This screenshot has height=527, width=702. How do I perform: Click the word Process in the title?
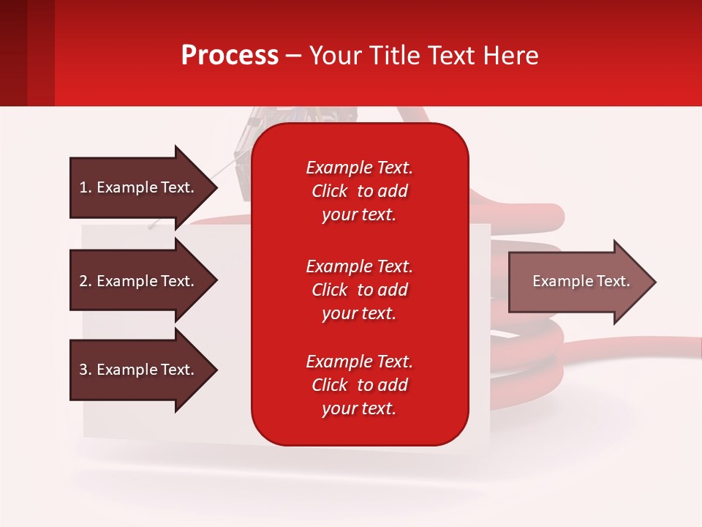(230, 56)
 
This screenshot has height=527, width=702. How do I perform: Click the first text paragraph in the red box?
(359, 191)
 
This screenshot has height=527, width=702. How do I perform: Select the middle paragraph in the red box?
(359, 290)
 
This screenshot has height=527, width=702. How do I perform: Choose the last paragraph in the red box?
(359, 385)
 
